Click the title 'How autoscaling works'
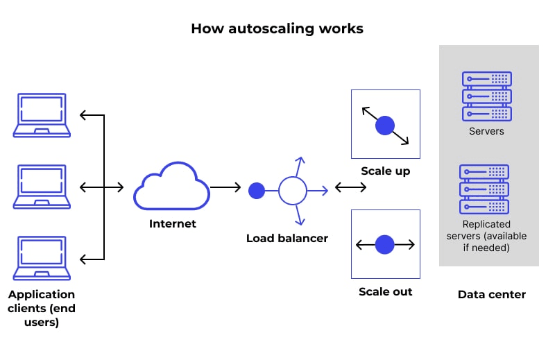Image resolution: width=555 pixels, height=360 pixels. tap(277, 28)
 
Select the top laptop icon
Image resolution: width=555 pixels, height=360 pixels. tap(42, 115)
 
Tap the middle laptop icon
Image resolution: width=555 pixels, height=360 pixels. tap(42, 187)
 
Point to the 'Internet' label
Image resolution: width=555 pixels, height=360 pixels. tap(173, 224)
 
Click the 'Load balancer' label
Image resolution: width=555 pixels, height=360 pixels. tap(287, 238)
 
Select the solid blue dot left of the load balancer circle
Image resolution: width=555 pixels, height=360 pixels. tap(257, 189)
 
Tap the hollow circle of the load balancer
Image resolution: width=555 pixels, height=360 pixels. tap(292, 189)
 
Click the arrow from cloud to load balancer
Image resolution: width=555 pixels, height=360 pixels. tap(225, 187)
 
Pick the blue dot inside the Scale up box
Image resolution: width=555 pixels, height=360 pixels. tap(385, 126)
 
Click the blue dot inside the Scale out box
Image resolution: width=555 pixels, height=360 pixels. tap(385, 244)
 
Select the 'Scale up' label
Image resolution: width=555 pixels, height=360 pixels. tap(385, 171)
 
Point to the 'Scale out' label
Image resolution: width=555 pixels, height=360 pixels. tap(385, 291)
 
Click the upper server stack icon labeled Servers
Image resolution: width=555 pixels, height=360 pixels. tap(486, 96)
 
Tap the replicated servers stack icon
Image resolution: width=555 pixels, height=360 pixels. tap(484, 189)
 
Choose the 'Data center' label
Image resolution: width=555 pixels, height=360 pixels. tap(491, 295)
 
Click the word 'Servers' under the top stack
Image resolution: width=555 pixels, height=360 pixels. tap(486, 131)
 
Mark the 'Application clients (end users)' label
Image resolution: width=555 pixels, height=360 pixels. tap(42, 308)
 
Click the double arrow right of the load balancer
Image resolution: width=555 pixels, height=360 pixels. tap(351, 187)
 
